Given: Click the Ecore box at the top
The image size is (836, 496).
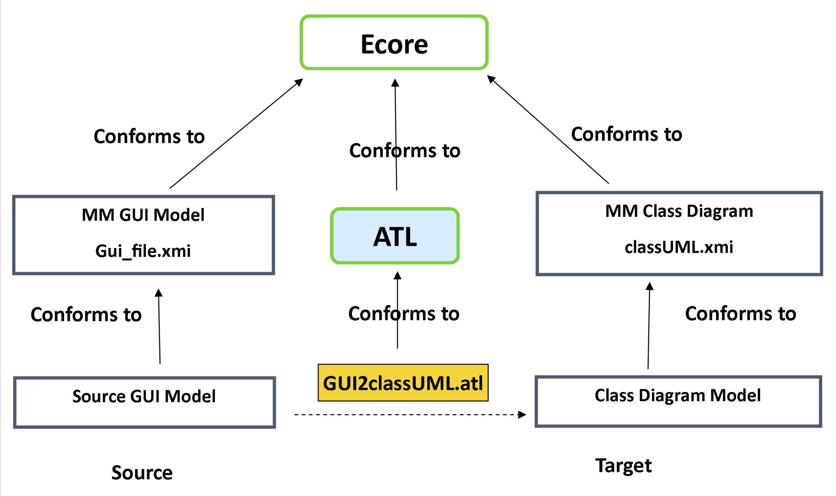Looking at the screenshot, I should pyautogui.click(x=394, y=43).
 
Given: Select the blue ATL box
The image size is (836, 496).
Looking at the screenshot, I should pyautogui.click(x=395, y=236).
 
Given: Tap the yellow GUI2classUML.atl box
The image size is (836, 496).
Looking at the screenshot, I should pyautogui.click(x=403, y=383).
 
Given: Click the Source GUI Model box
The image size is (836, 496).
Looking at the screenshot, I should pyautogui.click(x=144, y=402).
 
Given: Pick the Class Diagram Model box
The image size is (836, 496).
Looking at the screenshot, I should pyautogui.click(x=678, y=401).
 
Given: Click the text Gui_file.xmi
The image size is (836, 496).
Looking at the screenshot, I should pyautogui.click(x=143, y=251).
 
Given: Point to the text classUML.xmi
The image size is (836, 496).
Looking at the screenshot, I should pyautogui.click(x=679, y=247).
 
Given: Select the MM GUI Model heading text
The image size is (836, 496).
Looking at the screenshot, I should pyautogui.click(x=143, y=215).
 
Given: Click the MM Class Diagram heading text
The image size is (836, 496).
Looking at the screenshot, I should pyautogui.click(x=679, y=211).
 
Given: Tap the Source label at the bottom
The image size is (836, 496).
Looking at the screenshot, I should pyautogui.click(x=142, y=473).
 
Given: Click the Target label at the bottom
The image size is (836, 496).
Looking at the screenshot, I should pyautogui.click(x=623, y=466).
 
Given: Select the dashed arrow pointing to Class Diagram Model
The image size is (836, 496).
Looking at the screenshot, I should pyautogui.click(x=410, y=415).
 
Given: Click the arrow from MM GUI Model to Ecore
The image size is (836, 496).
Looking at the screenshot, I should pyautogui.click(x=236, y=134).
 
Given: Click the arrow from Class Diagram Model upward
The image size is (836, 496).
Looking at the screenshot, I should pyautogui.click(x=649, y=326).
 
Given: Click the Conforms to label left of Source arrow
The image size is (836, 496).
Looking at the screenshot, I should pyautogui.click(x=86, y=314).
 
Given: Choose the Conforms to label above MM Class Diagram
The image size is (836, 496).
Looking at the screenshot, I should pyautogui.click(x=626, y=134).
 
